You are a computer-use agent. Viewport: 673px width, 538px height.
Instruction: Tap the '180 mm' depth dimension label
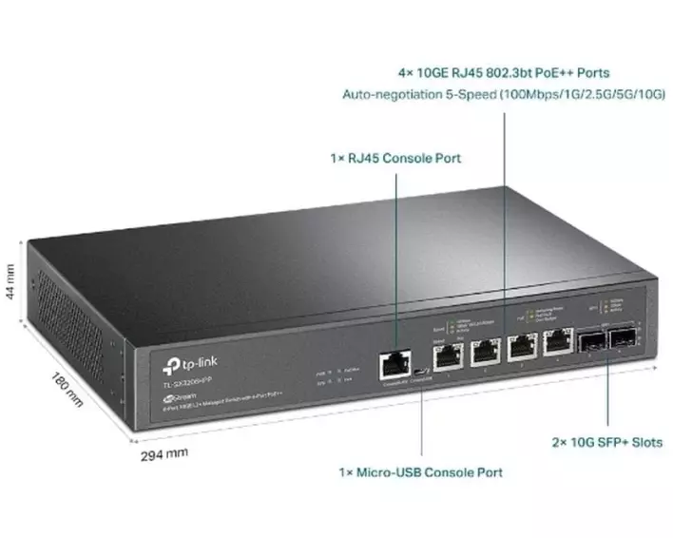[68, 389]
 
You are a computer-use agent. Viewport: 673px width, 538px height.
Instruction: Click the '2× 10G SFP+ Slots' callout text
[607, 442]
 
